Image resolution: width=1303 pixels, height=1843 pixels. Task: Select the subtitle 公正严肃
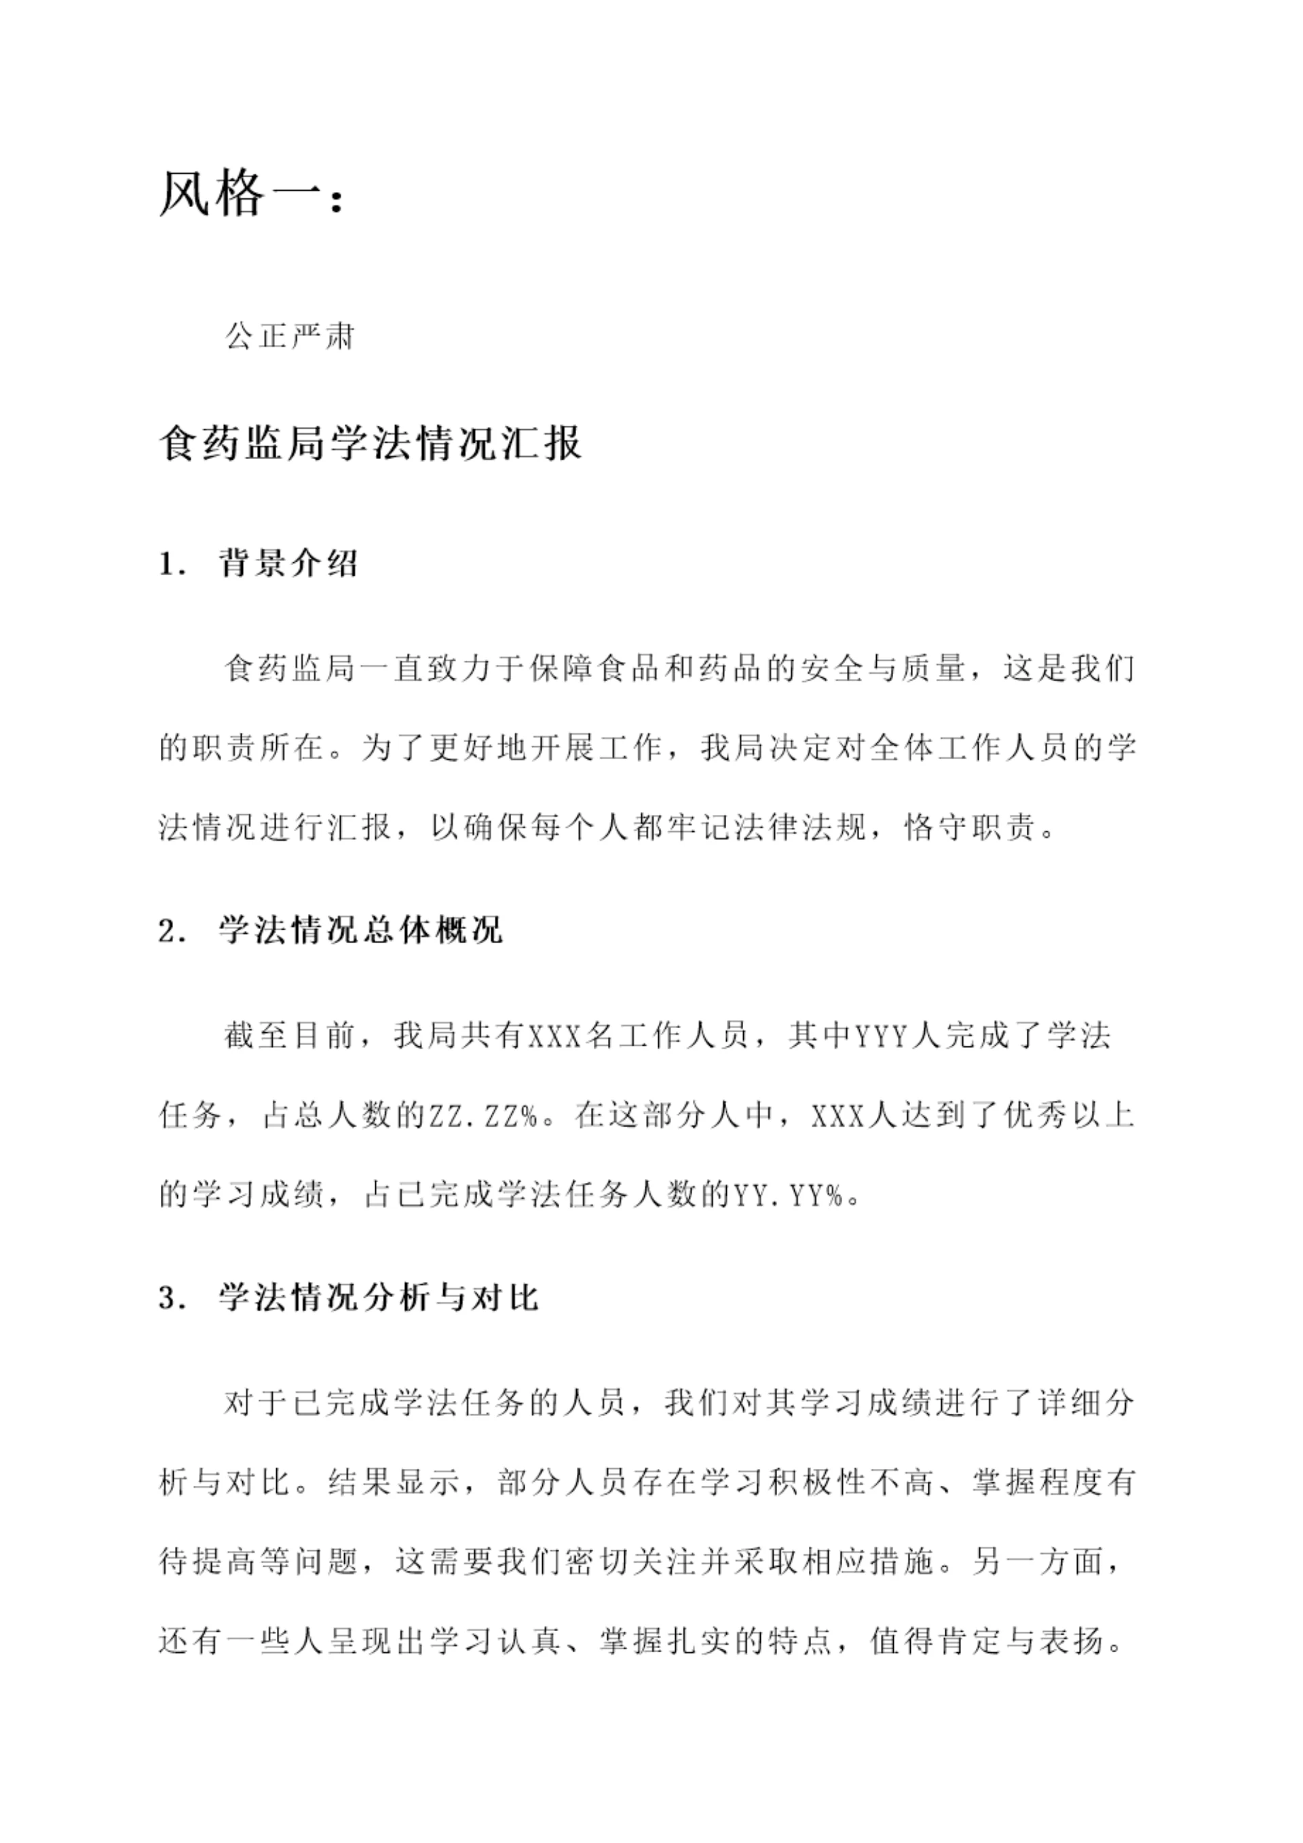(290, 336)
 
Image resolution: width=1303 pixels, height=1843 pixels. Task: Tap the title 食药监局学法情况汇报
(370, 442)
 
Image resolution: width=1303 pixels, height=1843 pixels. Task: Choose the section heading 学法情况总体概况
(361, 931)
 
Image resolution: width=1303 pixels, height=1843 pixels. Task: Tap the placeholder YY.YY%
(789, 1195)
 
